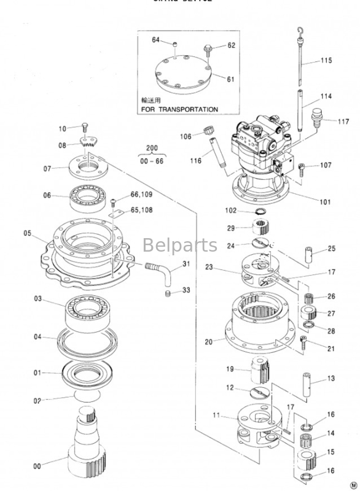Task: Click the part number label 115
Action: (326, 60)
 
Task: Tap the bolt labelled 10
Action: (84, 128)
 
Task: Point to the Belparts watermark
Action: (180, 245)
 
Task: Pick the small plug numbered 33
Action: (167, 296)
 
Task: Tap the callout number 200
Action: (151, 149)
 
